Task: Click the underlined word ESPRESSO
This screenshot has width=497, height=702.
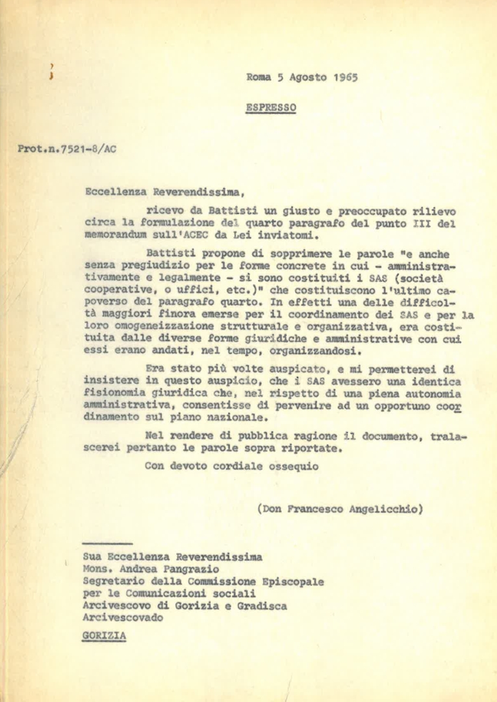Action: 271,107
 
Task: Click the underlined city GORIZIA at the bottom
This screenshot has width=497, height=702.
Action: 104,637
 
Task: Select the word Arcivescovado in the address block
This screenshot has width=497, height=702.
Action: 123,617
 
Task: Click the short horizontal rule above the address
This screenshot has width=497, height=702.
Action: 108,543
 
